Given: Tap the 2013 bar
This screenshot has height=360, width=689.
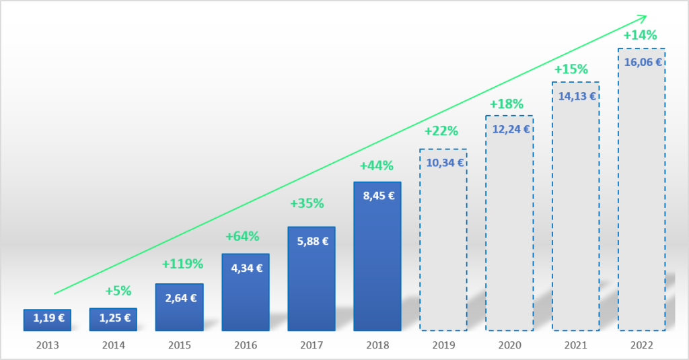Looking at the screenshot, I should coord(47,320).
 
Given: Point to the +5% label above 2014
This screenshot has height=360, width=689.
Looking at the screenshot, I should coord(118,291).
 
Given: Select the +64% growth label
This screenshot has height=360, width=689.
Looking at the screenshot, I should coord(242,236).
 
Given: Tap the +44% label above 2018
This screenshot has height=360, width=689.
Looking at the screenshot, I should coord(377,166).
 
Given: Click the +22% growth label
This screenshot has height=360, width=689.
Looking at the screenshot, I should coord(441,131).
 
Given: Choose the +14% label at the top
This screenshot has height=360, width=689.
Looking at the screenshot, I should coord(640,36).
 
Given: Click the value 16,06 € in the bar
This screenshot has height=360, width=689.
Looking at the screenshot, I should coord(643,62).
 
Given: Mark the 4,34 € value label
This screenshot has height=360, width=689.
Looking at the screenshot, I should coord(246,268).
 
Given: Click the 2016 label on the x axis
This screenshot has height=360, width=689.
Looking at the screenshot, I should coord(246,345).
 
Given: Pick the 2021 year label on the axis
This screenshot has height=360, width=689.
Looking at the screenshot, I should coord(576,345).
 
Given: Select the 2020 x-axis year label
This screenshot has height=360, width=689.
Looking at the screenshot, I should coord(510,345).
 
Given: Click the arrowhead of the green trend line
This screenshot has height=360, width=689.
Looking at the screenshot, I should coord(643,17).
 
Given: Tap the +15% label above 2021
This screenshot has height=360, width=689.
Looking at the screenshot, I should coord(571,69).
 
